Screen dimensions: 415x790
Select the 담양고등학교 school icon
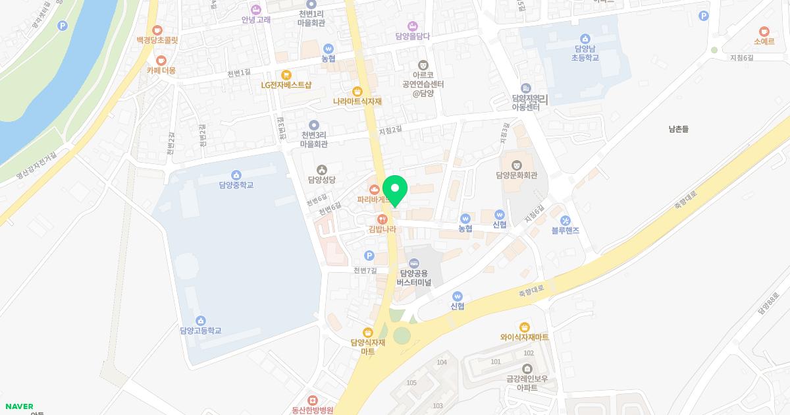click(200, 320)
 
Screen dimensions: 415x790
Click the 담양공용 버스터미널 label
click(414, 277)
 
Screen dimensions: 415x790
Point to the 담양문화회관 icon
click(517, 163)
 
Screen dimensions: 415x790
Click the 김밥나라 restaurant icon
click(382, 219)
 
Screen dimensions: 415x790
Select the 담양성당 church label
click(322, 179)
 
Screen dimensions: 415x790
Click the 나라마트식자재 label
click(357, 101)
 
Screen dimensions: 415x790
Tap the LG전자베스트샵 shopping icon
click(286, 74)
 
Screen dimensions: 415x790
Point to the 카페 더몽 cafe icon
click(161, 60)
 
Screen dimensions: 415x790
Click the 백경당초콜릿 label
click(157, 40)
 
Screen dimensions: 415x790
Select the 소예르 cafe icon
click(764, 30)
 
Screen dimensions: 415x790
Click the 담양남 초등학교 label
click(585, 53)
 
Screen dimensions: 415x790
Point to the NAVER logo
click(19, 406)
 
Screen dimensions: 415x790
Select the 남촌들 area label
click(677, 130)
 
